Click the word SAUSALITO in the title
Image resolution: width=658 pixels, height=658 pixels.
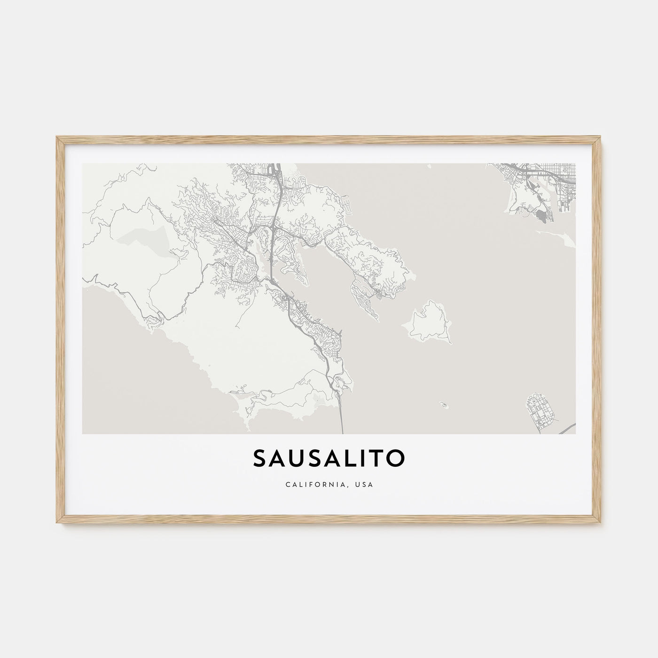pos(329,460)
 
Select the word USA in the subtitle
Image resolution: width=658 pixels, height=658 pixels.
pos(365,485)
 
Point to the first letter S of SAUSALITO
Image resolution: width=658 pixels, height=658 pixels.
pos(260,460)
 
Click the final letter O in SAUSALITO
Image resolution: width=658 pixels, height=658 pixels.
pos(396,460)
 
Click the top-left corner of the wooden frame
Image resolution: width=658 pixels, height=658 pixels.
pos(57,137)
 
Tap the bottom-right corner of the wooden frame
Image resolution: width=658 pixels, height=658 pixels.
pos(601,524)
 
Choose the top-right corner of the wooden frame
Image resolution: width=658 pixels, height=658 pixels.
pos(601,137)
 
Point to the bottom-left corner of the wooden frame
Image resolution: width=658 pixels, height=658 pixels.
pos(57,524)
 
